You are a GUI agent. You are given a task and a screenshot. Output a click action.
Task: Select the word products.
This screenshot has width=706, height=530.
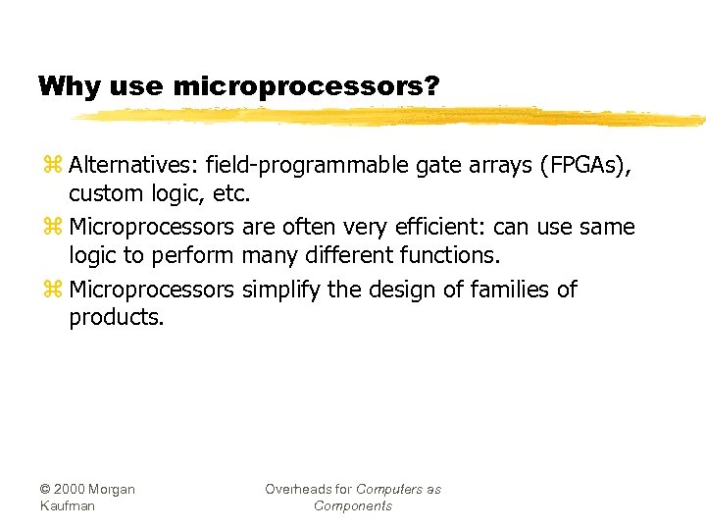pyautogui.click(x=116, y=318)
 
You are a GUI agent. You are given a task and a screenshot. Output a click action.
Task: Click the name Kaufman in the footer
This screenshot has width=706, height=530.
pyautogui.click(x=69, y=505)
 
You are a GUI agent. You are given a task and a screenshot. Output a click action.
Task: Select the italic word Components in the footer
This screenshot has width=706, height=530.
pyautogui.click(x=353, y=505)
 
